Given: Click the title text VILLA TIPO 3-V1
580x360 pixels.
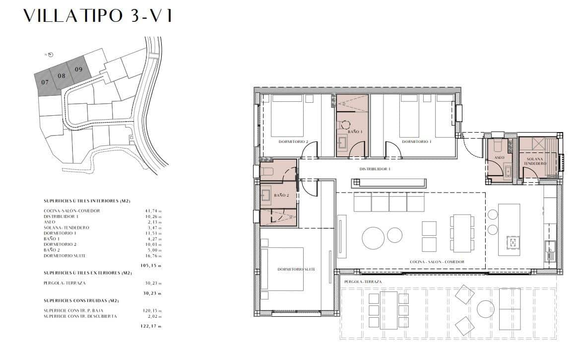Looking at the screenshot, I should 98,16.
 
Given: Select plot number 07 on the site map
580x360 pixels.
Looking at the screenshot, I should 45,82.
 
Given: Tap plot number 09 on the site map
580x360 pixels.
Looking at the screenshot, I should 78,69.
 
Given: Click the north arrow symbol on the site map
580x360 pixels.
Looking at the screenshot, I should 51,55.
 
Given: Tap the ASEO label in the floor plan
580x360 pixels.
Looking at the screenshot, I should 499,157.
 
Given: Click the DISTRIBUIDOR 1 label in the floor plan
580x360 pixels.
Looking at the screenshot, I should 375,169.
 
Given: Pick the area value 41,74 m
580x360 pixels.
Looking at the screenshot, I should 151,211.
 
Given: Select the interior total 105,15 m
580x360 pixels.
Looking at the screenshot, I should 151,265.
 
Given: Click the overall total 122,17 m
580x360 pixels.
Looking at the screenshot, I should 151,326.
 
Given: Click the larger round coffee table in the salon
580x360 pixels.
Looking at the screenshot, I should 374,237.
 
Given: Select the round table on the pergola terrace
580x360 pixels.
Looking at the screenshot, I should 486,309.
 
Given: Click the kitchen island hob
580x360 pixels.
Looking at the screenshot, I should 513,242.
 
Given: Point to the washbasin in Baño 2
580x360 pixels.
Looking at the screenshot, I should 266,195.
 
